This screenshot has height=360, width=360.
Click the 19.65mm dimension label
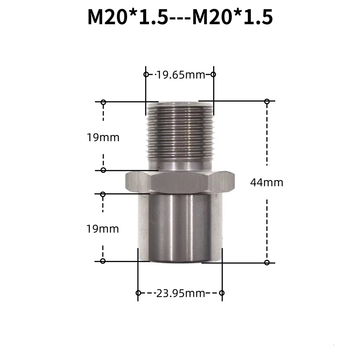tap(180, 75)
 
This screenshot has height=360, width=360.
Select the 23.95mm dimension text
tap(180, 293)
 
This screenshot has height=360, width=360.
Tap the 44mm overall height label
tap(266, 183)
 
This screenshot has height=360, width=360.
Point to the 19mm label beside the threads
tap(103, 137)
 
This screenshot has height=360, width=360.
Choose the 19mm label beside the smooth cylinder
tap(103, 229)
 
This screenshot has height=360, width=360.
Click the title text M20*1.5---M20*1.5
tap(180, 17)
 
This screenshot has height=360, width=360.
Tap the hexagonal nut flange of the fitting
tap(180, 182)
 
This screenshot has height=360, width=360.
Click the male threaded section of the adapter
tap(180, 131)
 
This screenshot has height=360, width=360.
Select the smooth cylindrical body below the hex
tap(180, 227)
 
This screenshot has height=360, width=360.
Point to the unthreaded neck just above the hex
tap(180, 166)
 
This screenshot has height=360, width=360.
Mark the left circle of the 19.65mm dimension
tap(146, 75)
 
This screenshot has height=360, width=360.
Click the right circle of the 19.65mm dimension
tap(213, 75)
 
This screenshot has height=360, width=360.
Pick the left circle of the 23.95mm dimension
tap(138, 293)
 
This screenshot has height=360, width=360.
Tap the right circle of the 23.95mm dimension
tap(222, 293)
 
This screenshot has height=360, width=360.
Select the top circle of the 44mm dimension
tap(267, 102)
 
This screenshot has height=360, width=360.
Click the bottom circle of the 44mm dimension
tap(267, 262)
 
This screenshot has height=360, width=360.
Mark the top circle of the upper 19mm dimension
tap(103, 102)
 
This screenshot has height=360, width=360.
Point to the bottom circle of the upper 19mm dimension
tap(103, 170)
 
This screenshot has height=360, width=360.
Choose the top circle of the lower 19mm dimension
tap(103, 194)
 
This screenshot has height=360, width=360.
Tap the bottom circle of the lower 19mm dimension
tap(103, 261)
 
